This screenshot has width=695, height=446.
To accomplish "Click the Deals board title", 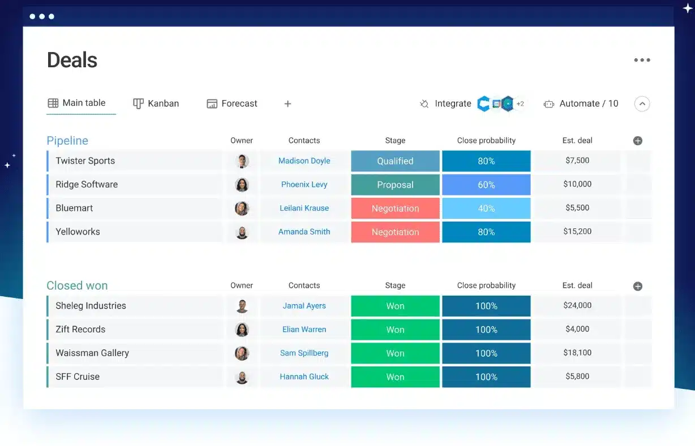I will point(72,60).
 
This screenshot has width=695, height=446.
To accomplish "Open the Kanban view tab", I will point(156,103).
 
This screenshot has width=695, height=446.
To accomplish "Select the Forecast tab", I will point(232,103).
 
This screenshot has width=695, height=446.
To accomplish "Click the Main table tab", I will point(77,103).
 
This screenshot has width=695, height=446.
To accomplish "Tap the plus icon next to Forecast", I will point(288,103).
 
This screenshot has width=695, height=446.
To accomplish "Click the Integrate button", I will point(445,103).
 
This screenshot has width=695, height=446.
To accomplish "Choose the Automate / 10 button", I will point(581,103).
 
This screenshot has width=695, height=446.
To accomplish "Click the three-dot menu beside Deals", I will point(642,60).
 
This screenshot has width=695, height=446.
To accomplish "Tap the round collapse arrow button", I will point(642,103).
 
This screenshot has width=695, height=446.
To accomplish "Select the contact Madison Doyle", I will point(304,161).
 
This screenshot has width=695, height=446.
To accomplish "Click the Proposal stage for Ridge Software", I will point(395,185).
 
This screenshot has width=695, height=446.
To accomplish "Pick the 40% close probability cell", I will point(486,209).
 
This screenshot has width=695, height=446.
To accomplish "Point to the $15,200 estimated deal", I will point(577,231).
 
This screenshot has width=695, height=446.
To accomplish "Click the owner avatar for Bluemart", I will point(242,209).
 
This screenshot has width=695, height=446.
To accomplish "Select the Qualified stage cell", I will point(395,161).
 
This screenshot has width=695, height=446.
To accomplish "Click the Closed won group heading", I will point(77,285).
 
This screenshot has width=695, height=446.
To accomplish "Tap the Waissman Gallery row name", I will point(92,353).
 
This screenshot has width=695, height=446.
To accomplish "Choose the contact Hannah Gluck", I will point(304,377).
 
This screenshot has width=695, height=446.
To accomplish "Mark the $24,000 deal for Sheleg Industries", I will point(577,305).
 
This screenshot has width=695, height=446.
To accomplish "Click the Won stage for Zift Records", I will point(395,330).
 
